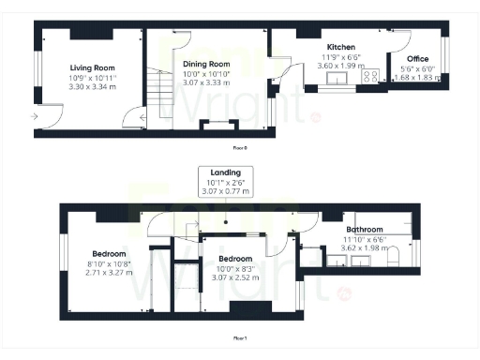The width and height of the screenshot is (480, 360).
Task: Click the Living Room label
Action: [x=92, y=67]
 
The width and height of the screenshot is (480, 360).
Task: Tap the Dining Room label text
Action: [x=207, y=64]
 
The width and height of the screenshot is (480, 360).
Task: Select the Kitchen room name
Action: [x=339, y=47]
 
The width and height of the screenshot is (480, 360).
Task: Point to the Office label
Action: [x=417, y=58]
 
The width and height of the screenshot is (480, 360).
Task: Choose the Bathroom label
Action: [x=363, y=230]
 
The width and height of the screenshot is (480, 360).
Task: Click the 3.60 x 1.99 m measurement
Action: [x=339, y=66]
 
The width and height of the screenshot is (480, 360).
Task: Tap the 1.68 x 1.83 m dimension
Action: [x=417, y=77]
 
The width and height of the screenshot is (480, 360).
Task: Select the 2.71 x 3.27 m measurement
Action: [x=109, y=273]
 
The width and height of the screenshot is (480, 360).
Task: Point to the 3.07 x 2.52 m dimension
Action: [x=235, y=277]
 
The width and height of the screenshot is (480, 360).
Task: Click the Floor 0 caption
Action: [x=240, y=148]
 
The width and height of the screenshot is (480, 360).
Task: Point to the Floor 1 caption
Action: [x=240, y=337]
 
